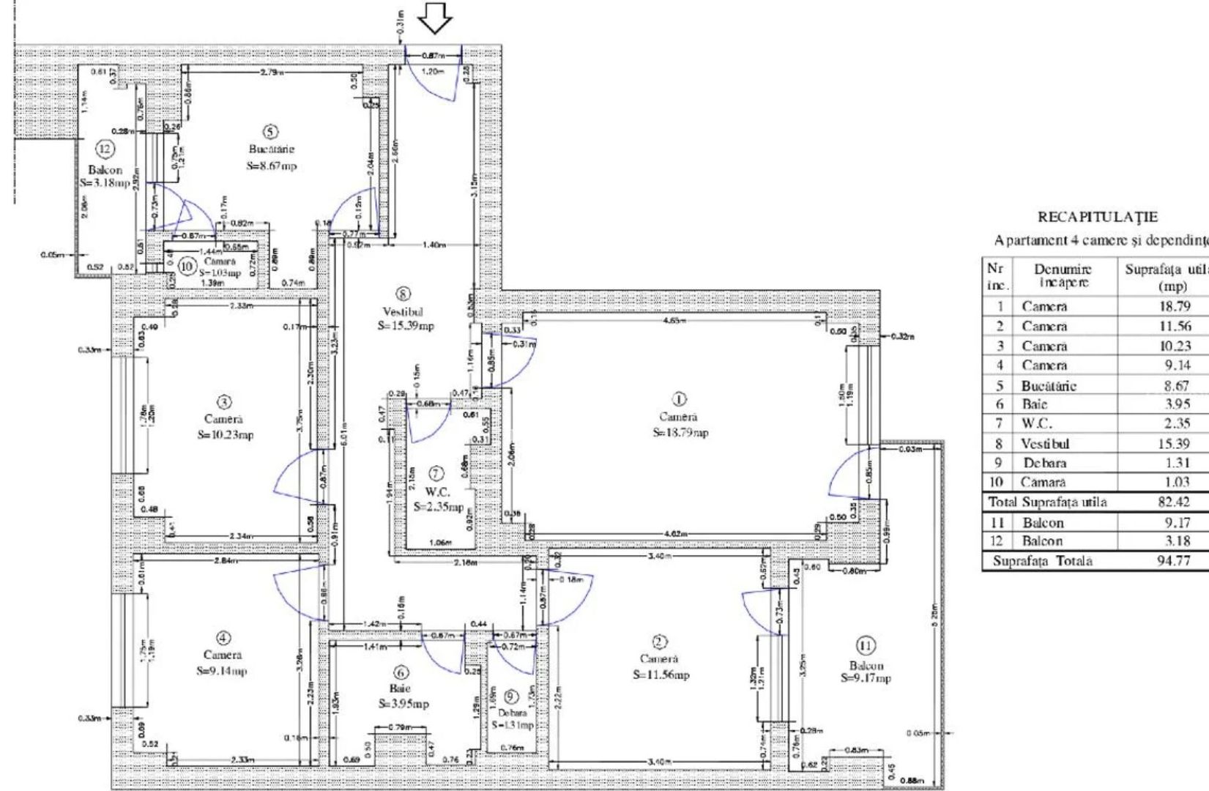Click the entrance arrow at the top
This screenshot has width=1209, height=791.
(436, 18)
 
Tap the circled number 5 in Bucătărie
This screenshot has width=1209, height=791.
(271, 132)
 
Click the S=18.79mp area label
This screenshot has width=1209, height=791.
(680, 433)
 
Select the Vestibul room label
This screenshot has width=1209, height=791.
(403, 312)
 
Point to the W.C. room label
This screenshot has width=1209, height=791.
(437, 492)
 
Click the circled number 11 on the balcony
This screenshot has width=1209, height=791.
(866, 646)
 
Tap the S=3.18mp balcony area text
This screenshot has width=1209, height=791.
(105, 182)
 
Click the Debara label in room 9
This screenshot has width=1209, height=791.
(513, 712)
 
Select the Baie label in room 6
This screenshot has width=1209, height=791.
(401, 688)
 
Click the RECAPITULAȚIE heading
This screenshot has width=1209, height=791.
(1098, 217)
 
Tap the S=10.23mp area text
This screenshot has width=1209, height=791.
(226, 435)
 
